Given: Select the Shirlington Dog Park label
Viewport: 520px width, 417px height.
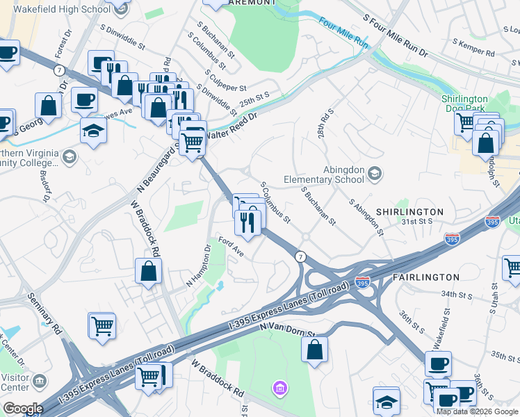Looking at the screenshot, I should click(474, 104).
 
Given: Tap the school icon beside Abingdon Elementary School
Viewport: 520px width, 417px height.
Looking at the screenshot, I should click(375, 173).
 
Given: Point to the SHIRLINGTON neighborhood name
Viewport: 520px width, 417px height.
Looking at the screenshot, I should click(409, 211).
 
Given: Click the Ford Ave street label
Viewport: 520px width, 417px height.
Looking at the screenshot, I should click(229, 246).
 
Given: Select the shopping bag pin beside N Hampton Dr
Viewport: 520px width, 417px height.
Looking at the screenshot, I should click(149, 270).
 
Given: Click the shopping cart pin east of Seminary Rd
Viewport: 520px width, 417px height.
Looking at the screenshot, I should click(101, 325).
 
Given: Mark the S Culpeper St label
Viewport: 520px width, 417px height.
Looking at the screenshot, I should click(224, 88).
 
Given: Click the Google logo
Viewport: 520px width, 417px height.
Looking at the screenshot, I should click(23, 409).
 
